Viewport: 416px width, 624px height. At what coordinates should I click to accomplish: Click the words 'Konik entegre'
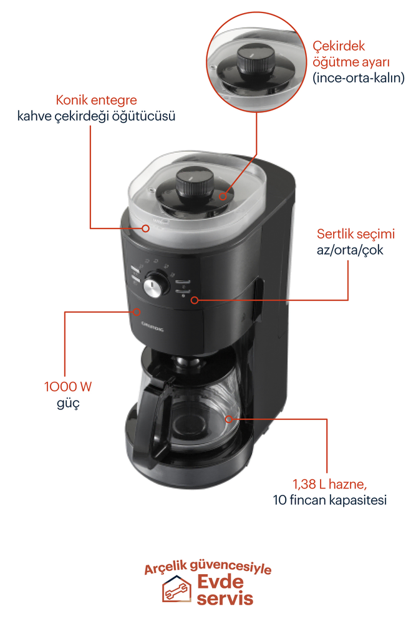(x=96, y=100)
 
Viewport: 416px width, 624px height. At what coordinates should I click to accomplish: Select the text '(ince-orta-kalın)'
(x=359, y=79)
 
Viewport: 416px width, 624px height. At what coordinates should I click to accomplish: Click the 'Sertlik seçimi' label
(x=356, y=235)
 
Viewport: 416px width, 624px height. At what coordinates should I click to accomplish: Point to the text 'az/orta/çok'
(x=350, y=250)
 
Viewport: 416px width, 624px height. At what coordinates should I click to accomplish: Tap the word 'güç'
(x=68, y=403)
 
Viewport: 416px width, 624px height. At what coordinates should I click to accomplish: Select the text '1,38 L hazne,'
(x=331, y=484)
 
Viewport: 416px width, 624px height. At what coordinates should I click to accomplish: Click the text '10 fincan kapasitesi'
(x=330, y=500)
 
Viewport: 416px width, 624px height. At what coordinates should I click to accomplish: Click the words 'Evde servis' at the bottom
(x=225, y=590)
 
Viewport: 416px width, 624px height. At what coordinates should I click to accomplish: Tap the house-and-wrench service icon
(x=177, y=590)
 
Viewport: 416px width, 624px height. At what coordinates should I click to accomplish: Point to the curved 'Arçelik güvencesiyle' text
(x=208, y=568)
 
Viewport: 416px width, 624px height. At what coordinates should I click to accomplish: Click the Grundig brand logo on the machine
(x=152, y=328)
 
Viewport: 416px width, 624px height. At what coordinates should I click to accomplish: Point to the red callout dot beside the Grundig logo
(x=136, y=311)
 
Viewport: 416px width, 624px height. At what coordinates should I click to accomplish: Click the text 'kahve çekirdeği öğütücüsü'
(x=96, y=116)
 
